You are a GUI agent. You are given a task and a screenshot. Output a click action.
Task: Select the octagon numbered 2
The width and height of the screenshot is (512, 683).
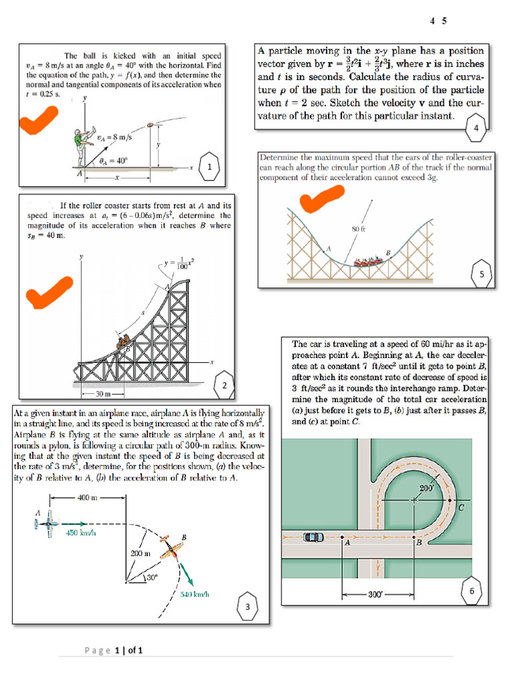[225, 386]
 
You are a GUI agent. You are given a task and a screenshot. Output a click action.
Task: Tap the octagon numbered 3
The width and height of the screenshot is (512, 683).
[247, 607]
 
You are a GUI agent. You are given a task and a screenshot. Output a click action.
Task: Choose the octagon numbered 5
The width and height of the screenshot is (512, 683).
[482, 273]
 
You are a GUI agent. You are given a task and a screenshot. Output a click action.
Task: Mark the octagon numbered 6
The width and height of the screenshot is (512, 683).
[472, 592]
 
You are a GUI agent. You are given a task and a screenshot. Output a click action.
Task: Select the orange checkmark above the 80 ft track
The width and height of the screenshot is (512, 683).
[322, 199]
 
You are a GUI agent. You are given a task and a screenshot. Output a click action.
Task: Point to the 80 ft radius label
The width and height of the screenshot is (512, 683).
[357, 229]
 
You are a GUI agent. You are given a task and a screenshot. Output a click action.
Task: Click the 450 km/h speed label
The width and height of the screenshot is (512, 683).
[79, 533]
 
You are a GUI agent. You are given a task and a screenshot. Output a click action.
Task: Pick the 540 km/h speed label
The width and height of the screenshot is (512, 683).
[195, 594]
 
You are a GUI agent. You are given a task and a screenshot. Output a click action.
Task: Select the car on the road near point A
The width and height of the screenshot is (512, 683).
[313, 537]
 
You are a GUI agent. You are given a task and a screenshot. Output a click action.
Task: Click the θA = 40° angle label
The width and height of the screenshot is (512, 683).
[113, 161]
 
